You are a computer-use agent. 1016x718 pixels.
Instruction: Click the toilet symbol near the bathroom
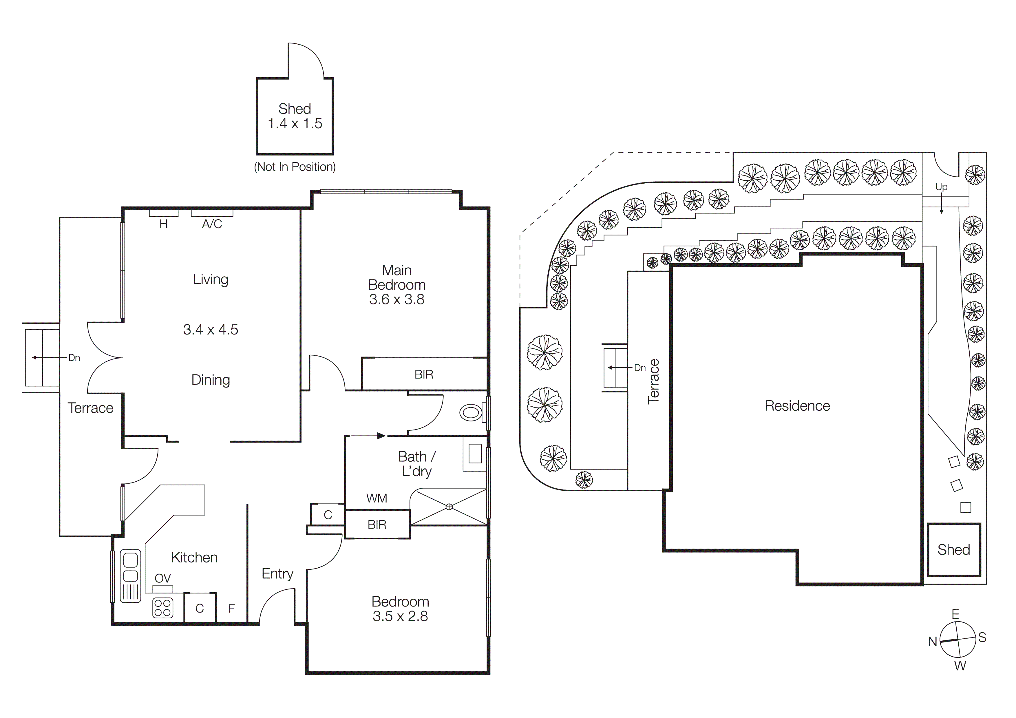[471, 413]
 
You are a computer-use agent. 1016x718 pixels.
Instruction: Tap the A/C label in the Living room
[212, 224]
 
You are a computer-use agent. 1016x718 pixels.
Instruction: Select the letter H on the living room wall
[163, 224]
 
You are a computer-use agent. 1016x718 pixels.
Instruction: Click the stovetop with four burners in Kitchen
[162, 608]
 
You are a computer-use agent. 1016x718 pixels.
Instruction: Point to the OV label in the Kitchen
[162, 578]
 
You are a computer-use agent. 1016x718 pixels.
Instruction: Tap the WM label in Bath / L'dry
[377, 498]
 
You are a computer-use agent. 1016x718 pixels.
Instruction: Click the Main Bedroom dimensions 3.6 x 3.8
[396, 299]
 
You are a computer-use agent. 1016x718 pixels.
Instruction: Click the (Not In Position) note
[295, 167]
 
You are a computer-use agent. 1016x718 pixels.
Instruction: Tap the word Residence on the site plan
[797, 406]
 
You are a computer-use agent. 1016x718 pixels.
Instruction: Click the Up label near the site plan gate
[941, 187]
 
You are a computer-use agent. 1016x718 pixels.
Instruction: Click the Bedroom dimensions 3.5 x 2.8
[400, 616]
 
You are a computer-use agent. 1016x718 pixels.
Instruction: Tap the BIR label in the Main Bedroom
[423, 375]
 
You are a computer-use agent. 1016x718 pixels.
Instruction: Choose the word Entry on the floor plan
[277, 574]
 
